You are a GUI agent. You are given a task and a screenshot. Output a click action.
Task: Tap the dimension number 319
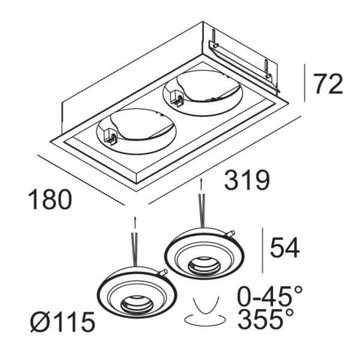tap(247, 181)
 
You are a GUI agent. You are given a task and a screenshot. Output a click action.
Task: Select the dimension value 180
tap(50, 199)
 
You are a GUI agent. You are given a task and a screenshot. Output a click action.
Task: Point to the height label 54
tap(284, 248)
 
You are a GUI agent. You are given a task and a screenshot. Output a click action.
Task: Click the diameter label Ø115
tap(62, 322)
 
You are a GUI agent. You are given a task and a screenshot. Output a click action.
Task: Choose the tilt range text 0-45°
tap(269, 296)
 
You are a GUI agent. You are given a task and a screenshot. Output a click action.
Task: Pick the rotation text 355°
tap(265, 319)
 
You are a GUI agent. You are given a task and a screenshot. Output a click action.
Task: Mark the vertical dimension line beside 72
tap(304, 83)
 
